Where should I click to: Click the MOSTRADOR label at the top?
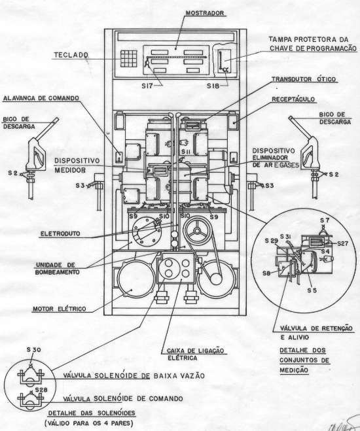(205, 13)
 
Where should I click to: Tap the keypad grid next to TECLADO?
(128, 59)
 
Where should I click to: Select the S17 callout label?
(147, 86)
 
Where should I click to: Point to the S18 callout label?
(213, 86)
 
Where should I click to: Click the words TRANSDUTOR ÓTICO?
(304, 79)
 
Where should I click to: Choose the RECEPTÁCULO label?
(293, 99)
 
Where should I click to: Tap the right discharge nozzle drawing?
(306, 157)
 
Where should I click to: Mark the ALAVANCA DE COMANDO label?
(41, 98)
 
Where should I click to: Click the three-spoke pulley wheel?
(197, 230)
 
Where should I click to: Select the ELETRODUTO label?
(60, 234)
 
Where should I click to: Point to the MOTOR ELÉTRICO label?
(60, 309)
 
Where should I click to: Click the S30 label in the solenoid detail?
(34, 350)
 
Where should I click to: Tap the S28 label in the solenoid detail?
(41, 390)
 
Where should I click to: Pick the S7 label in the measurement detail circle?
(325, 220)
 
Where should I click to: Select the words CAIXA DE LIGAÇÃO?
(196, 351)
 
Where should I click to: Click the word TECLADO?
(71, 55)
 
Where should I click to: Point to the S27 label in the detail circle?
(343, 243)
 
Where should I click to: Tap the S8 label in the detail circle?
(266, 273)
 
